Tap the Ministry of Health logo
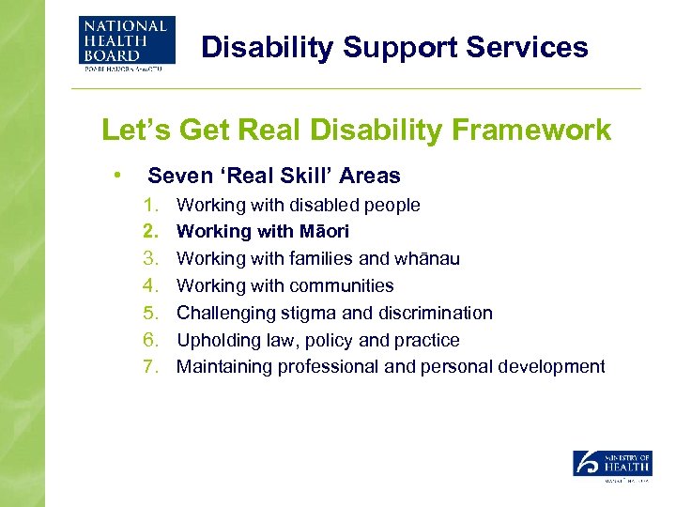tap(612, 467)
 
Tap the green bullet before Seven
tap(115, 175)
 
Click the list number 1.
tap(150, 205)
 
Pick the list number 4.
tap(150, 285)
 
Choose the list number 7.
tap(150, 366)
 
